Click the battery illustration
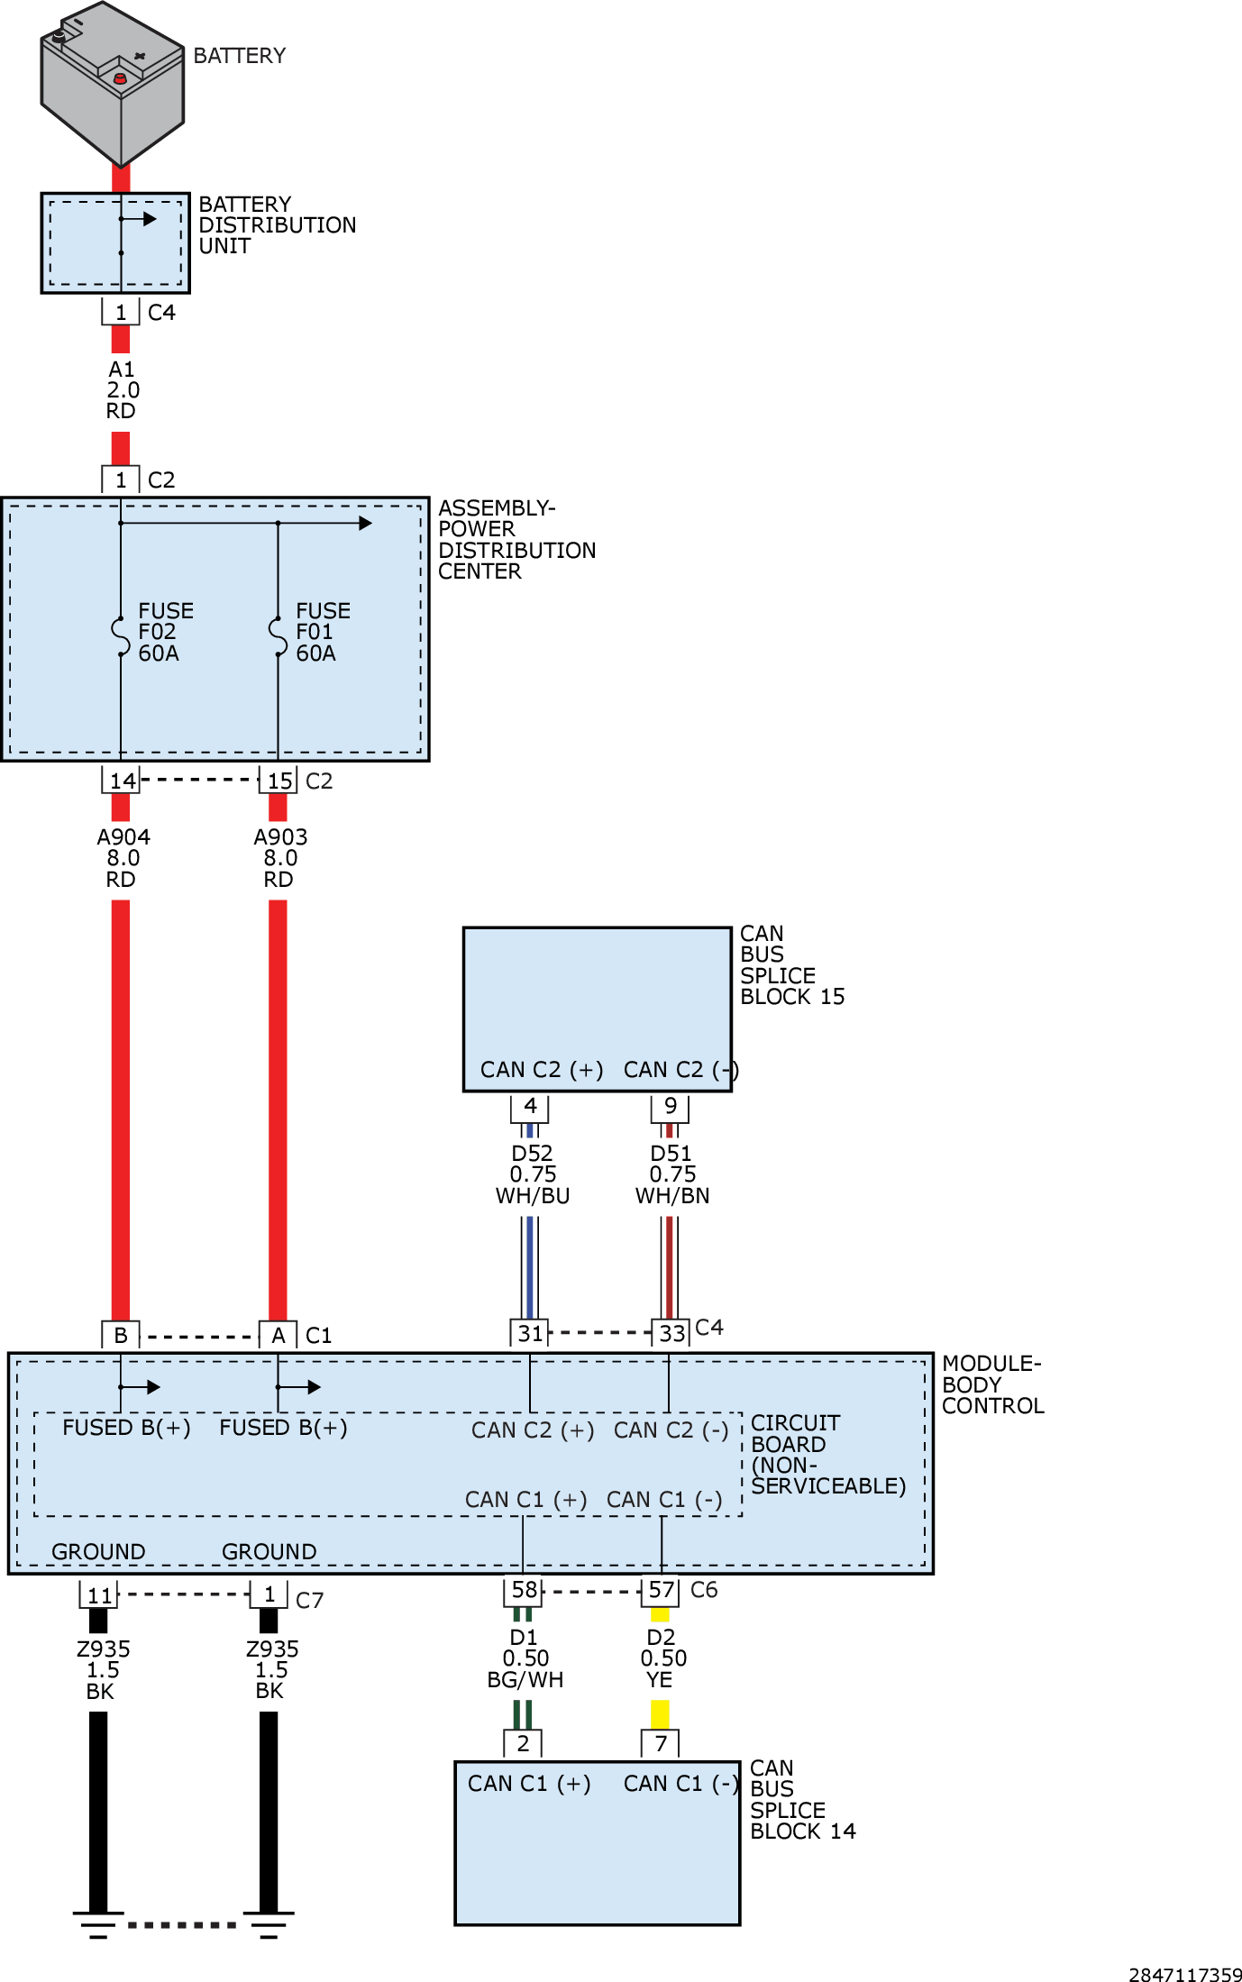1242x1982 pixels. click(x=112, y=86)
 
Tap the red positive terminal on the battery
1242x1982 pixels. click(x=120, y=79)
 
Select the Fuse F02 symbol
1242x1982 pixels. click(x=121, y=635)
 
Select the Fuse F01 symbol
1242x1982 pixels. click(x=278, y=635)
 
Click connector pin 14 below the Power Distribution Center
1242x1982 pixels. click(x=121, y=781)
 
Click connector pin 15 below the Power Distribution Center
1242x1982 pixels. click(x=279, y=781)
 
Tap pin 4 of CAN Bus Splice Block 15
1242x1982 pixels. click(x=530, y=1106)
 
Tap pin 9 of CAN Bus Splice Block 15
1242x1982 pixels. click(x=670, y=1106)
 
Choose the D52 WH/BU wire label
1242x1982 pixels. click(x=532, y=1174)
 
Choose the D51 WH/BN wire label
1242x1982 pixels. click(x=672, y=1174)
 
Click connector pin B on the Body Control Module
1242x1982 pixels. click(x=121, y=1335)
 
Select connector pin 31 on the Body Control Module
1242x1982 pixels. click(x=530, y=1333)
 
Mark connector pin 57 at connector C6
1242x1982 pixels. click(x=661, y=1590)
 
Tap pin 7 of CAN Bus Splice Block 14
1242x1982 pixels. click(x=661, y=1743)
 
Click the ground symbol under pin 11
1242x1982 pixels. click(x=98, y=1923)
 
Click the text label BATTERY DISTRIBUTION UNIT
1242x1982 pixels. click(x=277, y=225)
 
